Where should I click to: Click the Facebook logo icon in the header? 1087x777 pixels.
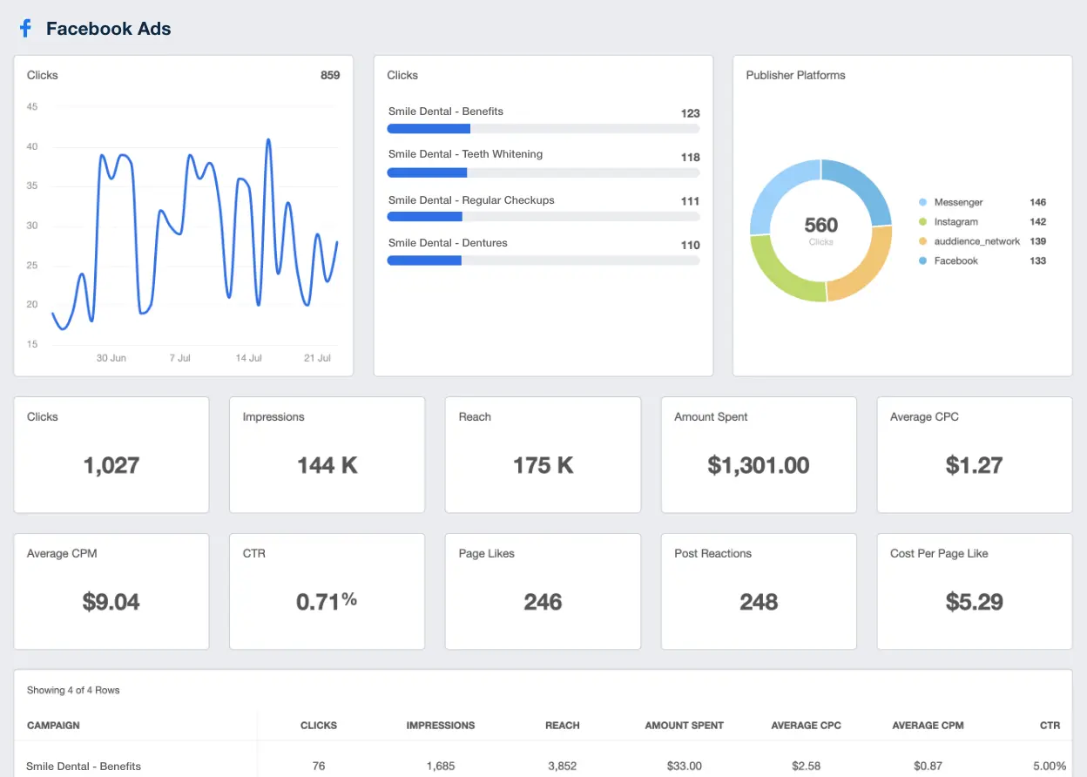25,29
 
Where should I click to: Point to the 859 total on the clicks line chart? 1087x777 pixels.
330,75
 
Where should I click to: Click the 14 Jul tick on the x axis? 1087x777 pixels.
248,358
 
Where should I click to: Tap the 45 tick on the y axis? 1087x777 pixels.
32,107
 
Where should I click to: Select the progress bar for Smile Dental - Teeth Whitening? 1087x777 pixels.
543,172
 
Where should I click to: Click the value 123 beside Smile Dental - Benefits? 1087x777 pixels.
690,113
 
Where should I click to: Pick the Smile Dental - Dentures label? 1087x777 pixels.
448,243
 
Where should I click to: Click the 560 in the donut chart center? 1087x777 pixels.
820,226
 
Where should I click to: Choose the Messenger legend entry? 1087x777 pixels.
958,202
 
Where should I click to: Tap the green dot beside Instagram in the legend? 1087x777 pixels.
922,222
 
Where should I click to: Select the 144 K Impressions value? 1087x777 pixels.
327,465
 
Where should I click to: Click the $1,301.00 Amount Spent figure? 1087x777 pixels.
758,465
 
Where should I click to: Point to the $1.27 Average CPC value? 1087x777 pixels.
974,465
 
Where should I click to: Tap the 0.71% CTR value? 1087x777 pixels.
327,601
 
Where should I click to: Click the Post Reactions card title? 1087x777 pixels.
712,553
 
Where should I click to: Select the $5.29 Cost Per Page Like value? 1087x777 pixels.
974,602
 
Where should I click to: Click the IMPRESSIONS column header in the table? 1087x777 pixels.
440,725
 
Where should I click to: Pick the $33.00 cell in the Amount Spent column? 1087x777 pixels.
684,766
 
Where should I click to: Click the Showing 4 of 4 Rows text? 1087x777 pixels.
73,690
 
